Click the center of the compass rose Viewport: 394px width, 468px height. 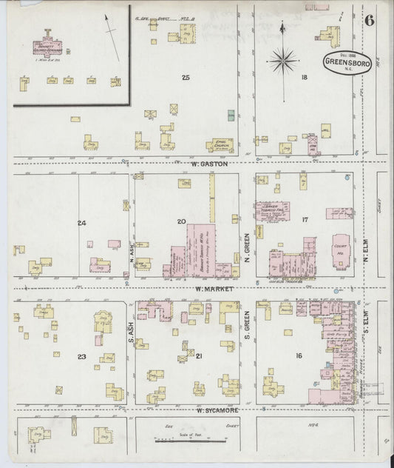pyautogui.click(x=285, y=60)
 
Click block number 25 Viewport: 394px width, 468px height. pyautogui.click(x=186, y=77)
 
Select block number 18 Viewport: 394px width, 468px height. pyautogui.click(x=304, y=77)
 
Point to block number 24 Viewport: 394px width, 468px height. pyautogui.click(x=81, y=223)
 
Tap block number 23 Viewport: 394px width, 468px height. pyautogui.click(x=81, y=357)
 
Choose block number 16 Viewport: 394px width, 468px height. pyautogui.click(x=299, y=356)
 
